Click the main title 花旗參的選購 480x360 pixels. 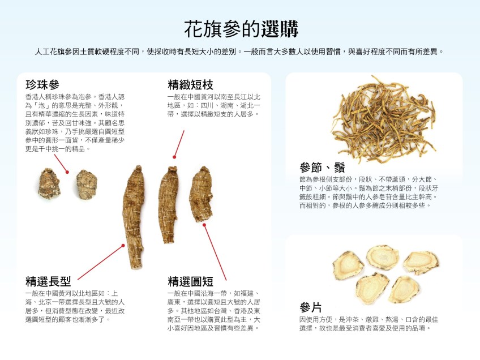pyautogui.click(x=241, y=29)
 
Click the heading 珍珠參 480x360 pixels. pyautogui.click(x=42, y=84)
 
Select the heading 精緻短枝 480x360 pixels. pyautogui.click(x=190, y=84)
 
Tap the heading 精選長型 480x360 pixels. pyautogui.click(x=48, y=281)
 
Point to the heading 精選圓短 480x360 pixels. pyautogui.click(x=190, y=281)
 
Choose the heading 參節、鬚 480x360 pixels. pyautogui.click(x=322, y=168)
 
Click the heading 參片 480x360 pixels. pyautogui.click(x=310, y=307)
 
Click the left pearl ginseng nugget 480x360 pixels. pyautogui.click(x=49, y=183)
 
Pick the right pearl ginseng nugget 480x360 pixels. pyautogui.click(x=87, y=185)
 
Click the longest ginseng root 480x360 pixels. pyautogui.click(x=134, y=217)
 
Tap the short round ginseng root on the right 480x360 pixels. pyautogui.click(x=201, y=194)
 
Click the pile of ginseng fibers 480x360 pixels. pyautogui.click(x=384, y=119)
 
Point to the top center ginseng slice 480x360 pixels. pyautogui.click(x=383, y=257)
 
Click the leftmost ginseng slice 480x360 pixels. pyautogui.click(x=348, y=265)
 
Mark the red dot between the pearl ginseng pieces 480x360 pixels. pyautogui.click(x=67, y=172)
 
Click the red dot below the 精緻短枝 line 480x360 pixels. pyautogui.click(x=174, y=157)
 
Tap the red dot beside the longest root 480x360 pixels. pyautogui.click(x=123, y=246)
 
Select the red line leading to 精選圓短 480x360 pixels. pyautogui.click(x=215, y=252)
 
